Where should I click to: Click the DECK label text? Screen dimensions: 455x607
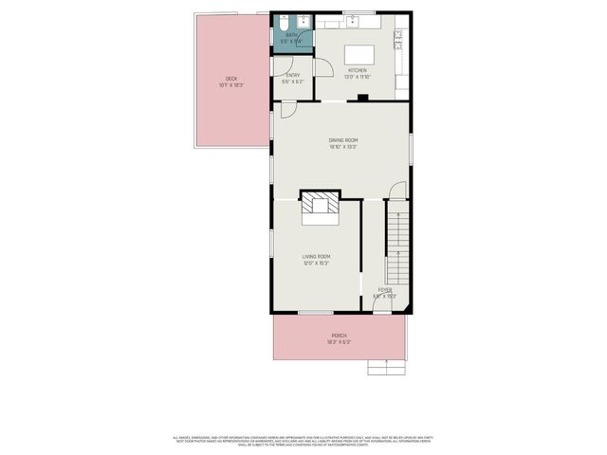pos(230,79)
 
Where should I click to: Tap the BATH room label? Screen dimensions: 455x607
pos(291,35)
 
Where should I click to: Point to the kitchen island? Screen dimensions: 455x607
pos(358,53)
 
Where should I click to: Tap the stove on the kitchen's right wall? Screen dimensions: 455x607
pos(400,39)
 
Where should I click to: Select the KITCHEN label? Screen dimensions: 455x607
pos(358,70)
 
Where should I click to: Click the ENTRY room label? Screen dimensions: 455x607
pos(292,75)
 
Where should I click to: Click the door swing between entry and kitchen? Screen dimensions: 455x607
pos(322,67)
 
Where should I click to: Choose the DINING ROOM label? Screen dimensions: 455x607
pos(343,140)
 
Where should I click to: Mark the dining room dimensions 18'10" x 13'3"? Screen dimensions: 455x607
pos(343,147)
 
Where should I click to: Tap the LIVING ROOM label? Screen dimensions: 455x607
pos(316,256)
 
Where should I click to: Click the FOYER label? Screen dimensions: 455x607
pos(384,290)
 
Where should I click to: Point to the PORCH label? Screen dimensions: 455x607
pos(339,336)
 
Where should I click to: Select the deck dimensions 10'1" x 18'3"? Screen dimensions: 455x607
pos(230,85)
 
